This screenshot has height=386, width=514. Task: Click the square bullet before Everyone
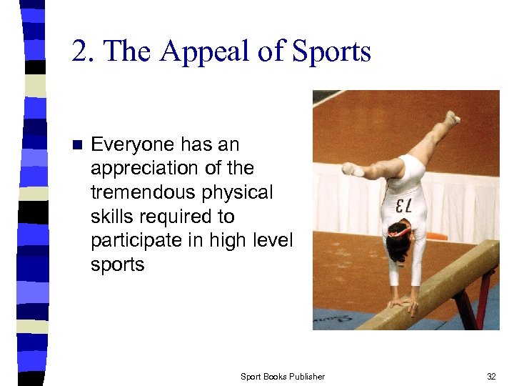click(78, 145)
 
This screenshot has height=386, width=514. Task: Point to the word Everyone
click(133, 144)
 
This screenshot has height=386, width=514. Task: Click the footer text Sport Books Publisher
click(282, 376)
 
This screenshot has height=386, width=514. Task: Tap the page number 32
click(490, 376)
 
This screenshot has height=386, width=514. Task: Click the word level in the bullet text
click(273, 241)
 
